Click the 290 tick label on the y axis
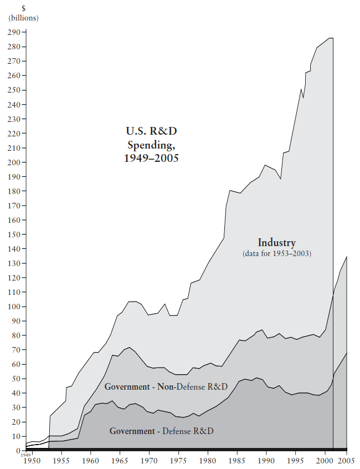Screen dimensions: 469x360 click(14, 32)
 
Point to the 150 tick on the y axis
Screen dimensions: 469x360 click(14, 234)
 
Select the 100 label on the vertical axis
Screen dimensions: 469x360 click(14, 307)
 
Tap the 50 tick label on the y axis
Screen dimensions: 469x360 click(16, 379)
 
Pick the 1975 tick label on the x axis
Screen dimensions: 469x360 click(178, 460)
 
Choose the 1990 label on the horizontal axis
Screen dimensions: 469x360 click(266, 460)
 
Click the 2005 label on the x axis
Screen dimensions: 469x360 click(346, 460)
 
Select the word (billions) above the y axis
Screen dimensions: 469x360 click(24, 18)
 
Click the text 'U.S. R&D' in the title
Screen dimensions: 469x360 click(152, 131)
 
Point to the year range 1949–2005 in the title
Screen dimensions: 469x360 click(152, 158)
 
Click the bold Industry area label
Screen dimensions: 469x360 click(277, 243)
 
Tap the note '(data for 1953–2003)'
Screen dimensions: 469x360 click(277, 253)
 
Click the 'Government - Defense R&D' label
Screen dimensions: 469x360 click(161, 431)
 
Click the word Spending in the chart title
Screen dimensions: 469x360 click(152, 145)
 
